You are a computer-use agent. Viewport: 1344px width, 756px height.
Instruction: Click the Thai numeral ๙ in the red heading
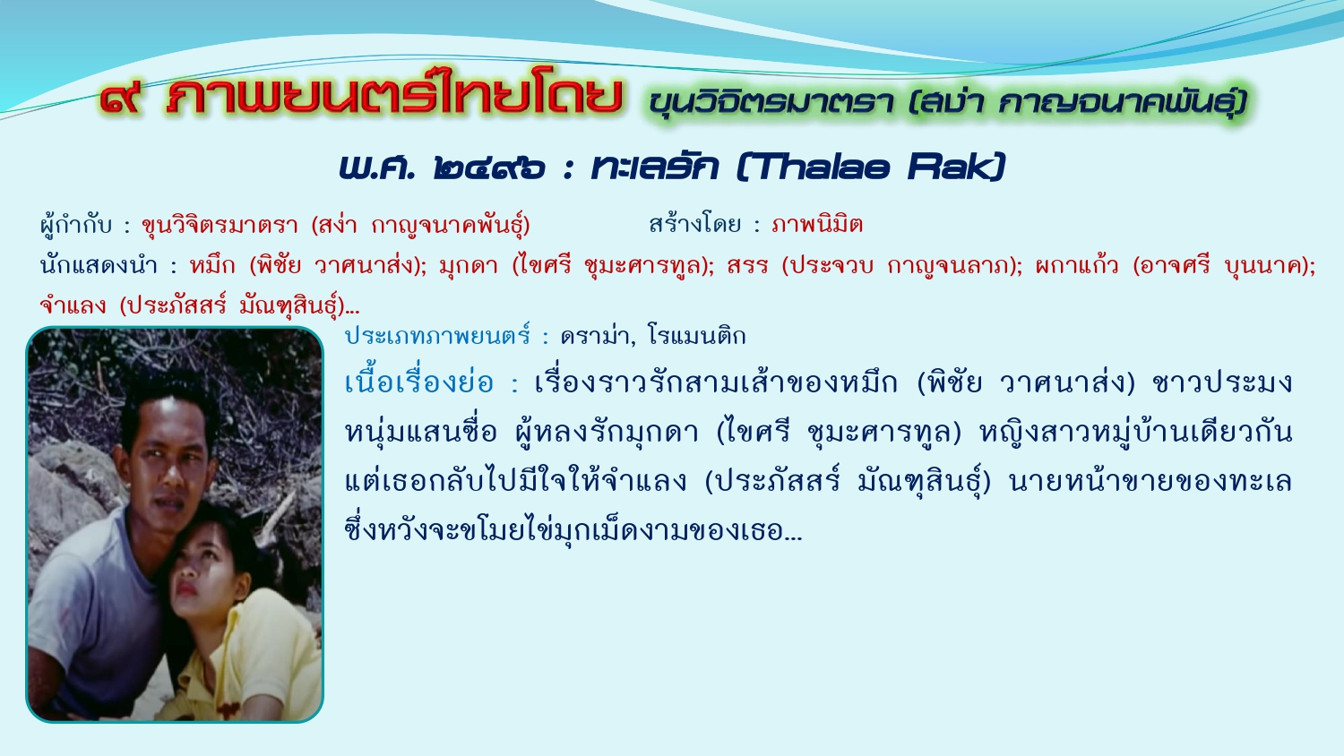coord(121,99)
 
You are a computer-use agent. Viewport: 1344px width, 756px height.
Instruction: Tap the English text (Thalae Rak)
coord(870,167)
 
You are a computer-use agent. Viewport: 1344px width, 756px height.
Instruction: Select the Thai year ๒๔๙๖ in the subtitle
coord(489,168)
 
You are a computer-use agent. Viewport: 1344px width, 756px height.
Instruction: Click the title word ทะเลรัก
coord(655,167)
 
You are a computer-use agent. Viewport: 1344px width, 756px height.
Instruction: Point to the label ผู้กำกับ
coord(75,225)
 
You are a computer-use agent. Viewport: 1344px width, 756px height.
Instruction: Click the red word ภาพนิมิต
coord(817,225)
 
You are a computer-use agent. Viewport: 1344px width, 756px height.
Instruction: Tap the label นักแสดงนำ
coord(99,264)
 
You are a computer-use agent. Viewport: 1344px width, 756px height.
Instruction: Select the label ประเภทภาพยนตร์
coord(437,335)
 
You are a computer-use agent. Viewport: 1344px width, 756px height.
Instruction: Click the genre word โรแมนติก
coord(696,335)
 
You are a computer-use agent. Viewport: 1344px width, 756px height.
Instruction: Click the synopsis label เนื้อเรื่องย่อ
coord(418,382)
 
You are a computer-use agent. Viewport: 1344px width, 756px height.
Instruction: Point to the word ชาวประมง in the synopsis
coord(1221,382)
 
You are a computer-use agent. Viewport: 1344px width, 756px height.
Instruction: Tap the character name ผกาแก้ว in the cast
coord(1076,264)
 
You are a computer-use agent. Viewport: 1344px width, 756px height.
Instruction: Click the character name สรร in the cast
coord(747,265)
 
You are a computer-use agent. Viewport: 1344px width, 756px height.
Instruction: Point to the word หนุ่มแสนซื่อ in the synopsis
coord(420,432)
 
